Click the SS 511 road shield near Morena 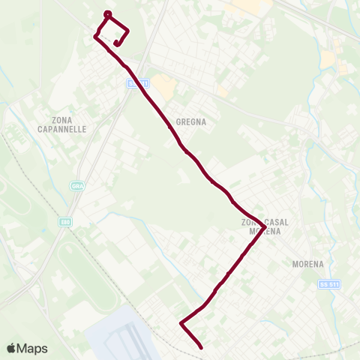point(329,284)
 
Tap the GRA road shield point(76,186)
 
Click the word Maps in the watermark point(33,348)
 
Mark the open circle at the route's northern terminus point(107,14)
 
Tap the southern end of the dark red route point(201,346)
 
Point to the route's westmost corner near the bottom point(181,323)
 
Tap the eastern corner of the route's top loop point(128,31)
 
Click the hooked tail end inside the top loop point(116,44)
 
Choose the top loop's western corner point(95,35)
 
